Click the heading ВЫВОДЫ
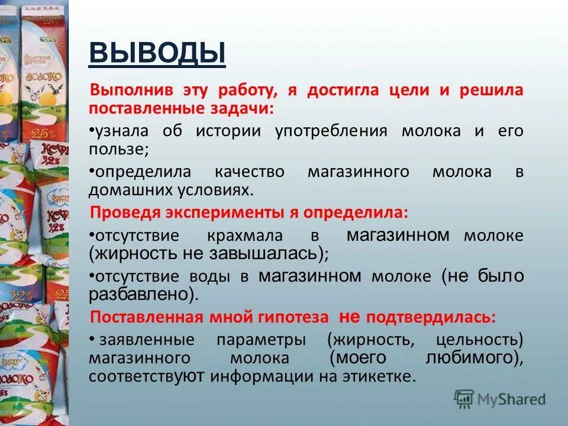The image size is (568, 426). click(x=157, y=53)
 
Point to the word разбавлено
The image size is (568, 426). click(x=141, y=293)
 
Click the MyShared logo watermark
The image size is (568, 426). click(x=500, y=399)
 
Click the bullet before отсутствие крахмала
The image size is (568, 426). click(x=92, y=235)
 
